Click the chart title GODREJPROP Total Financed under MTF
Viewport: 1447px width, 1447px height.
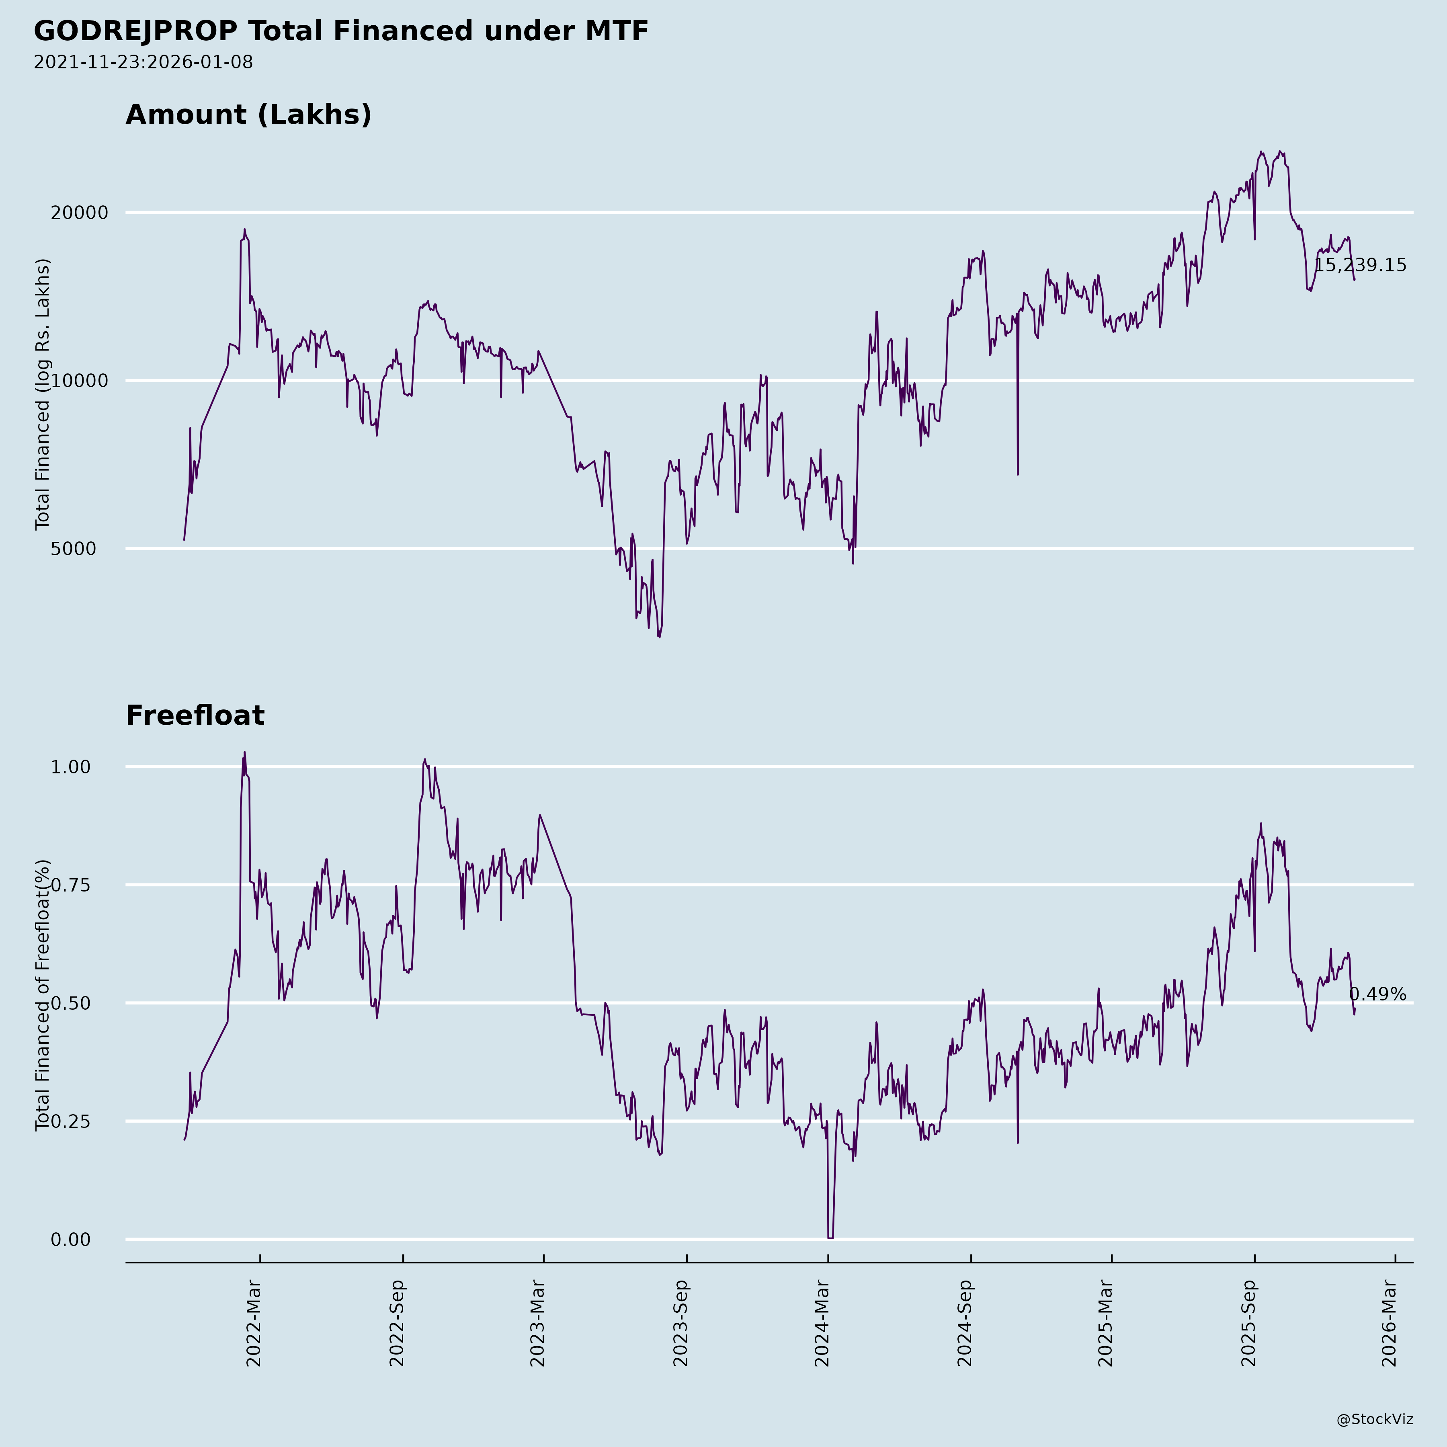(341, 31)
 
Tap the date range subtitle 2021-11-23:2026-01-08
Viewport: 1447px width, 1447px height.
(143, 62)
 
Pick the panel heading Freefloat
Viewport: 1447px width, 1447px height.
(195, 715)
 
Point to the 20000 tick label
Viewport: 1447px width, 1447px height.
(80, 213)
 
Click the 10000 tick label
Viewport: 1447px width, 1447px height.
(80, 381)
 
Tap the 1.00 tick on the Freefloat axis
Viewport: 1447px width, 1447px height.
(70, 767)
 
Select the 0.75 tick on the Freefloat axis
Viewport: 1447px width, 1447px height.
(70, 885)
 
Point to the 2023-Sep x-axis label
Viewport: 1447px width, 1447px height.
(680, 1324)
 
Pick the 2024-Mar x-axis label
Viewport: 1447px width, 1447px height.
(822, 1324)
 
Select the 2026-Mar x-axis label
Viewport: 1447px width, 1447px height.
(1390, 1324)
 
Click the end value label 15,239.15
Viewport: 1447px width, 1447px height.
(1360, 266)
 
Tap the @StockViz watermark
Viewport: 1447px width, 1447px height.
(1375, 1419)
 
